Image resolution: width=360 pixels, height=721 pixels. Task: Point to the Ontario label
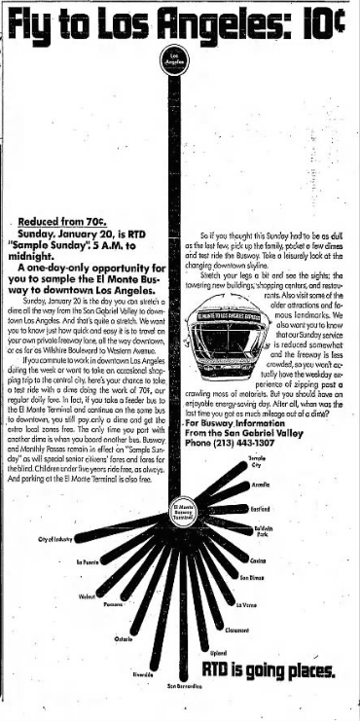(x=124, y=638)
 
